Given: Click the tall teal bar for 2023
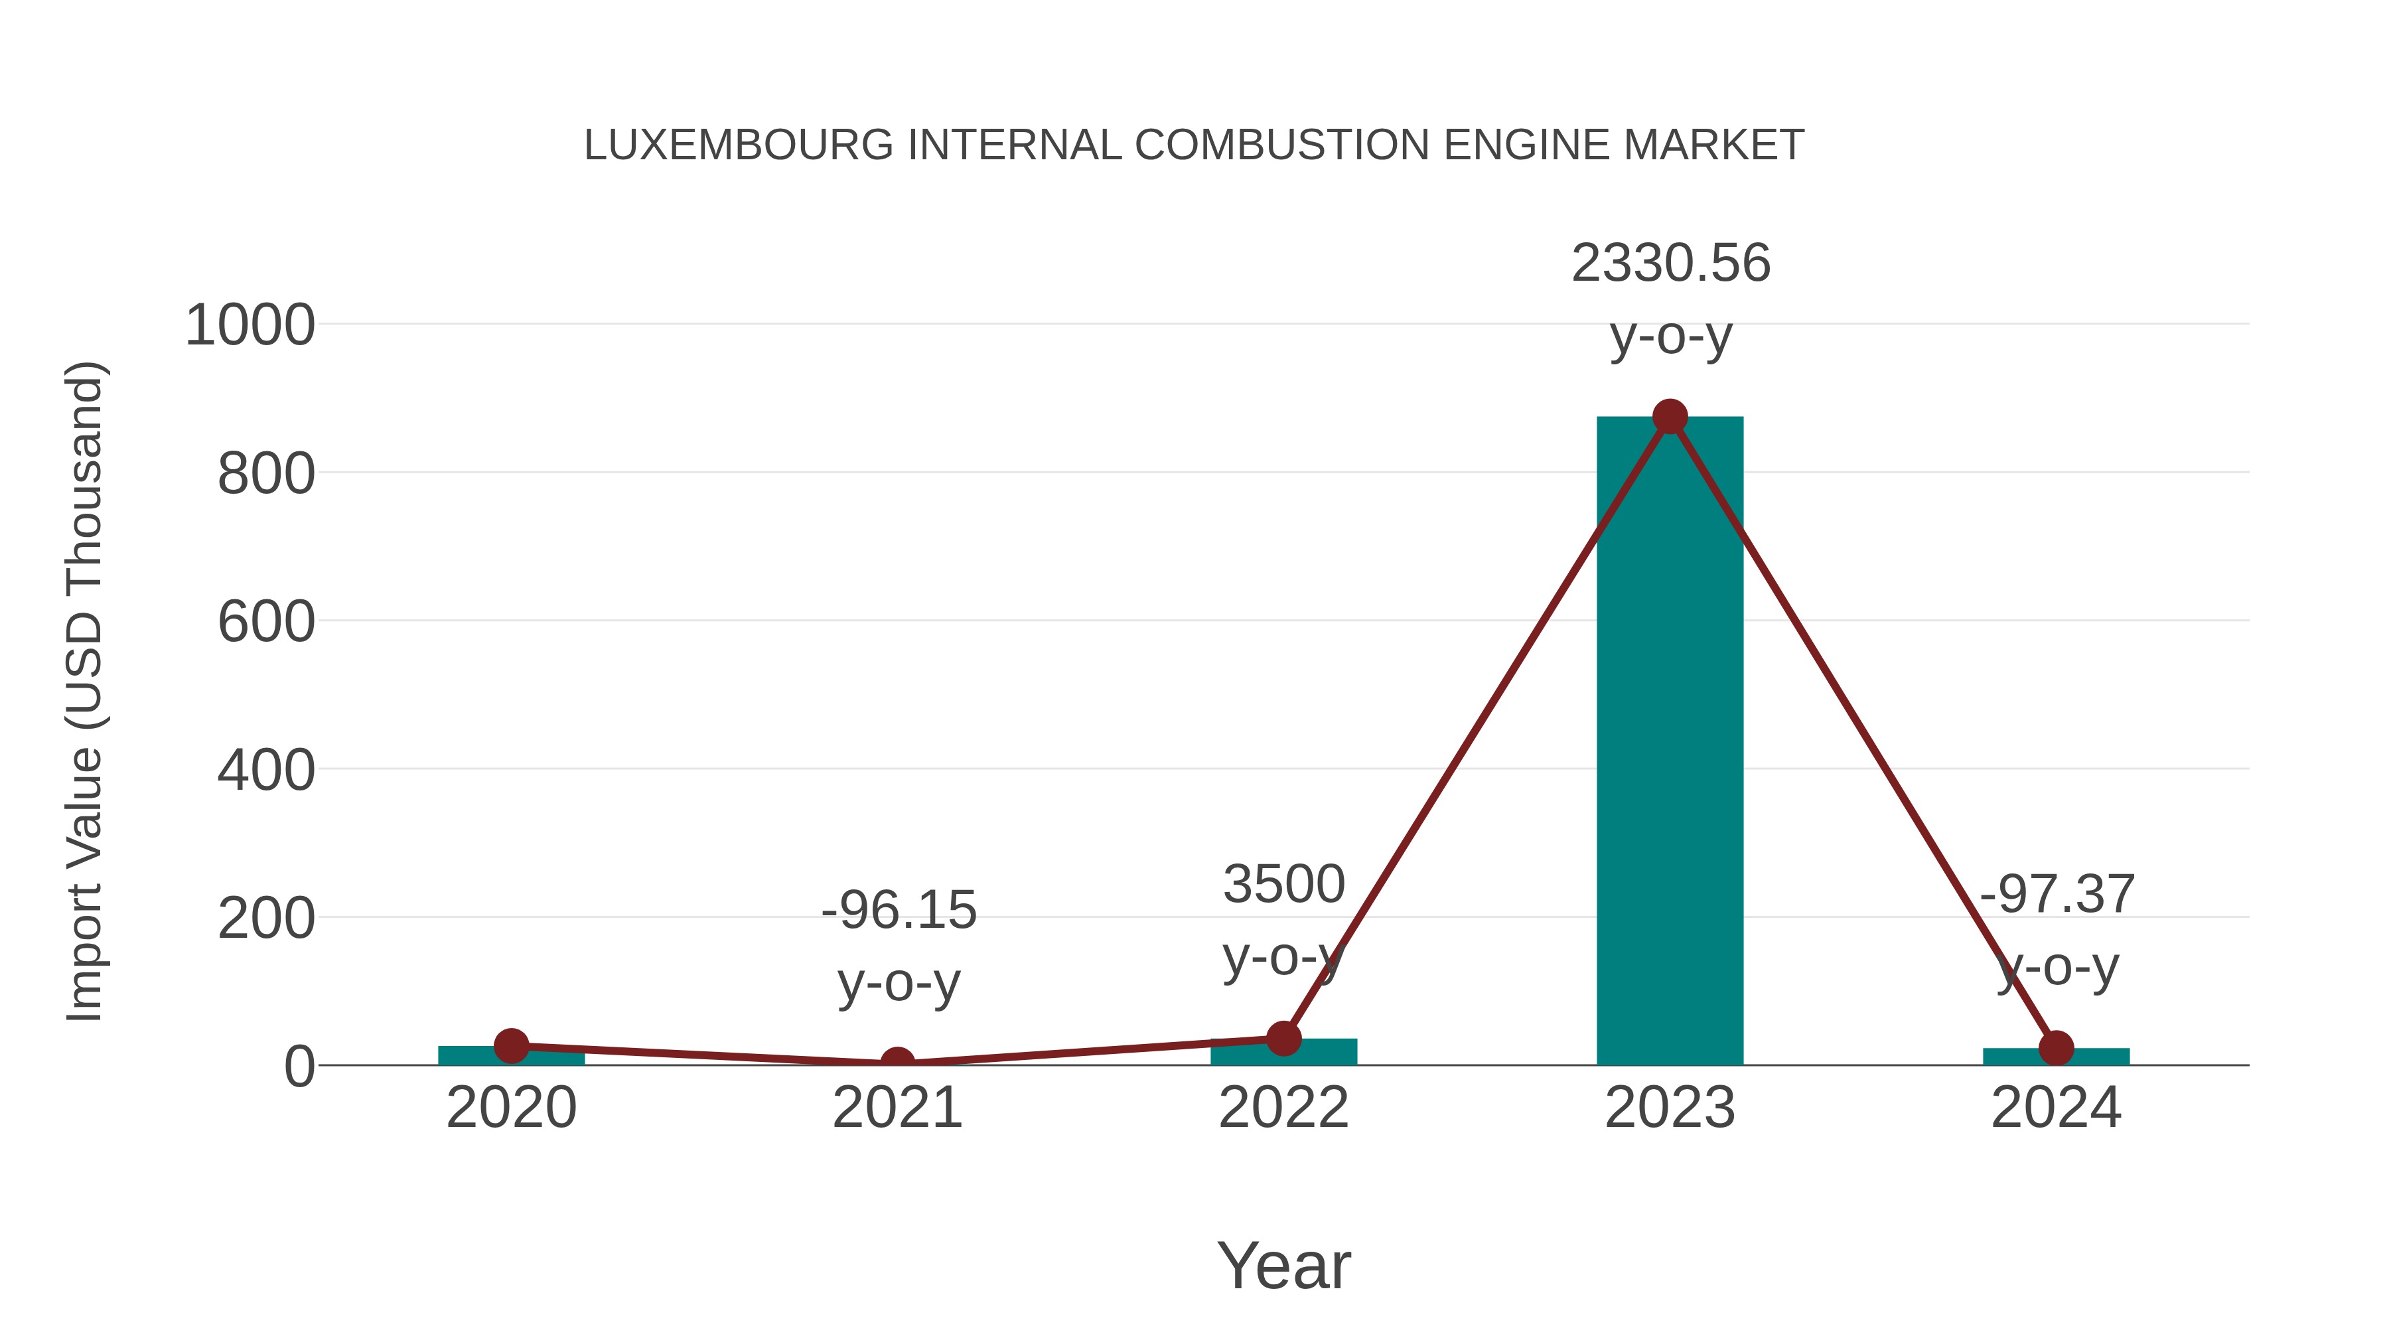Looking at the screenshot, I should tap(1670, 742).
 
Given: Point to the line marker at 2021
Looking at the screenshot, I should tap(897, 1063).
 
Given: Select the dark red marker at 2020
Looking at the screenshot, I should tap(511, 1045).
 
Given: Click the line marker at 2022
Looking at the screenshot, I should tap(1283, 1038).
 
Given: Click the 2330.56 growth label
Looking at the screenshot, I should tap(1670, 263).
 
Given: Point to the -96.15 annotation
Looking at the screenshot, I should tap(899, 910).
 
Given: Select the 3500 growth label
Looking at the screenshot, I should tap(1283, 884).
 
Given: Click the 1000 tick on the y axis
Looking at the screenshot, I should tap(250, 326).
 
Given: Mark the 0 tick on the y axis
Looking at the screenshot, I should tap(299, 1067).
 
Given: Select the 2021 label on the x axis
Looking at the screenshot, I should tap(897, 1108).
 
